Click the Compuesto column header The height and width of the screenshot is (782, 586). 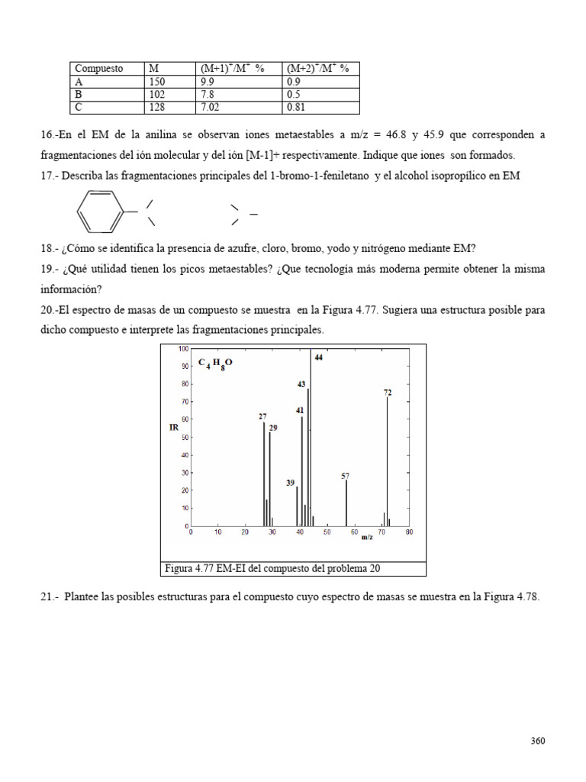tap(99, 69)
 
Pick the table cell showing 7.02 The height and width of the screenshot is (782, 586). tap(210, 108)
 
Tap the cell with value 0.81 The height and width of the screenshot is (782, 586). tap(295, 108)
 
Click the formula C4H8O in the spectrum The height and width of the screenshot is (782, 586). tap(215, 364)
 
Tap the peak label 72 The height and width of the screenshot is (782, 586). tap(388, 392)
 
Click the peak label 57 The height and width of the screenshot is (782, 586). tap(346, 475)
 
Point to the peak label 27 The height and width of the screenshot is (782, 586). tap(262, 416)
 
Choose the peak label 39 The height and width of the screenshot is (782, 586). tap(291, 483)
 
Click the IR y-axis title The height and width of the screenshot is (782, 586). tap(173, 428)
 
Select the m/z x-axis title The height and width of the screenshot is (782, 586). tap(367, 538)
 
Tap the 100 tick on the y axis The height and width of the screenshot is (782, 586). tap(183, 348)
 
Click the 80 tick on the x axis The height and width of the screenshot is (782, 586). tap(409, 532)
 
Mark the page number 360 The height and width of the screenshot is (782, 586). tap(538, 741)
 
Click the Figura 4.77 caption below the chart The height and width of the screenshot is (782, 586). tap(272, 568)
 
